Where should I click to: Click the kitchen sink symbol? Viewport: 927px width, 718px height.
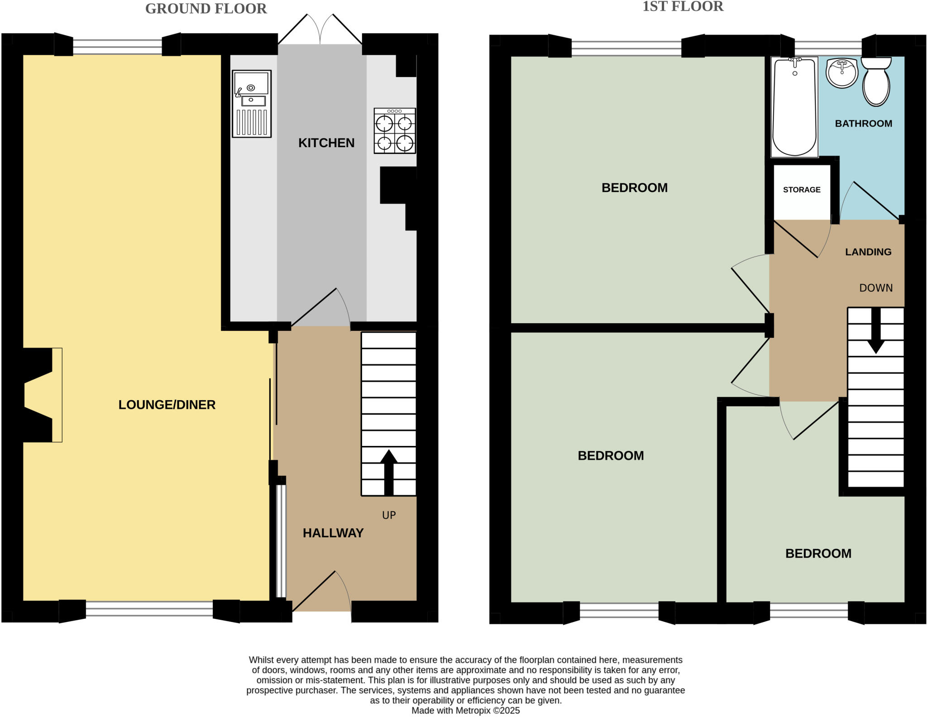(x=252, y=103)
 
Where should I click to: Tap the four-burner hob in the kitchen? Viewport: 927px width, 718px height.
(x=395, y=131)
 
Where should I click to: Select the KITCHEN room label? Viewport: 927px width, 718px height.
(x=326, y=143)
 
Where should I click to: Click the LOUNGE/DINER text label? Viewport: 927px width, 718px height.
(x=167, y=405)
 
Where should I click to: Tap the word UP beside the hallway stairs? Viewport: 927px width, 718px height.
(x=389, y=515)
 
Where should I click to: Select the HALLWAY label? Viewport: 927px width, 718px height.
(x=333, y=533)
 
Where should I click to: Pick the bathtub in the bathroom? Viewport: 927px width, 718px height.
(x=794, y=107)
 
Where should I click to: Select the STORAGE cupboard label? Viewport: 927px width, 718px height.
(x=802, y=190)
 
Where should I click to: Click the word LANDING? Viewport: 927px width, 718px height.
(x=868, y=252)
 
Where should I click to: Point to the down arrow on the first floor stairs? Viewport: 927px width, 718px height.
(x=876, y=331)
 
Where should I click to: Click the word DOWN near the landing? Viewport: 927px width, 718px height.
(x=876, y=288)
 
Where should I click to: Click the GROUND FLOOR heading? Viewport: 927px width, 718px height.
(x=206, y=9)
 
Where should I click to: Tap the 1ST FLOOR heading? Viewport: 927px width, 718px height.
(x=683, y=6)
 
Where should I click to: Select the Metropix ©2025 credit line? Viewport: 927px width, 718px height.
(x=465, y=710)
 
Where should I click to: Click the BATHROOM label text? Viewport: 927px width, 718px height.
(x=863, y=124)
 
